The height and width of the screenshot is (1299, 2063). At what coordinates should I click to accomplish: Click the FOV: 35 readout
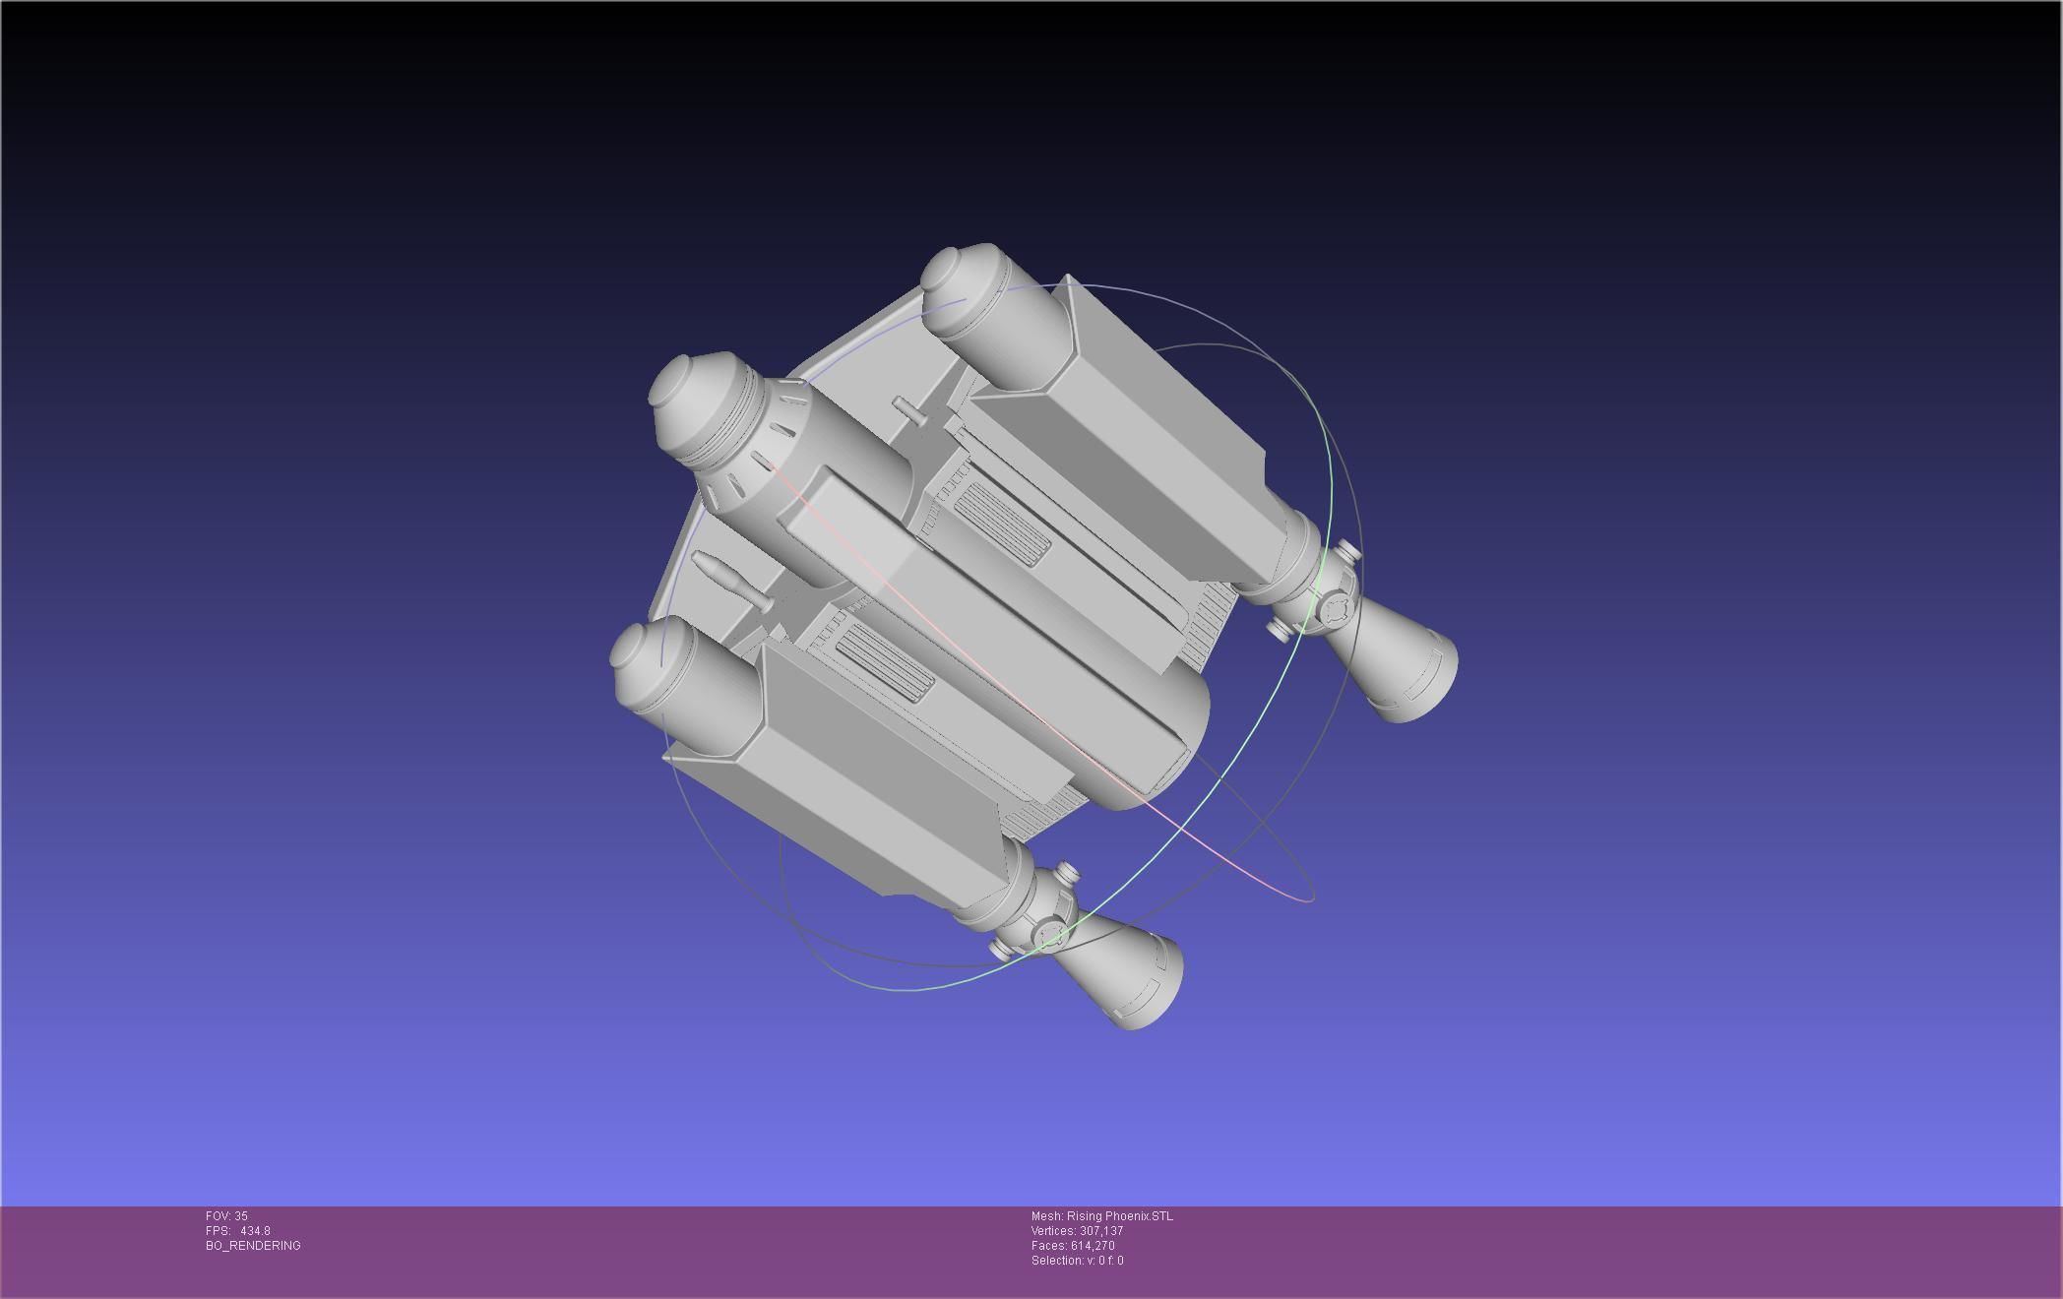click(x=226, y=1216)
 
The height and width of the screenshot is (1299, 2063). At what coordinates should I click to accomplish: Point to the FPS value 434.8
click(x=254, y=1231)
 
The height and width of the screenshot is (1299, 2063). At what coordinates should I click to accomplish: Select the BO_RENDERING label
click(x=253, y=1246)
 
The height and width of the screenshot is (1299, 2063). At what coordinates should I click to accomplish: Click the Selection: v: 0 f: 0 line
click(x=1077, y=1261)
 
